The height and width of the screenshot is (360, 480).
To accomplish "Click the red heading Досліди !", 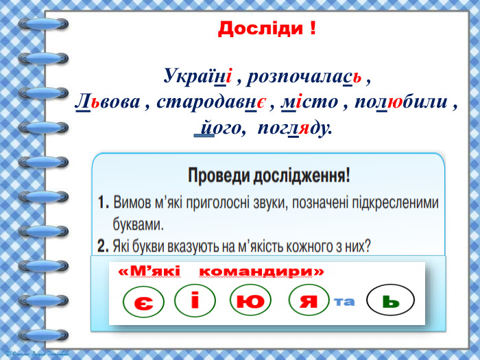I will pos(267,29).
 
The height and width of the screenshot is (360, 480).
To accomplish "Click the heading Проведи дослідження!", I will pos(269,176).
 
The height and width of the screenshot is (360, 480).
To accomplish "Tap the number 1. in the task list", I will pos(104,203).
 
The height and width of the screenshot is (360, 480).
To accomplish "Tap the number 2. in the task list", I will pos(104,244).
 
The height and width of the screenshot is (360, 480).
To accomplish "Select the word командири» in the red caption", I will pos(261,272).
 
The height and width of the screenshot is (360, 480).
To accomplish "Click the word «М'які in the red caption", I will pos(149,272).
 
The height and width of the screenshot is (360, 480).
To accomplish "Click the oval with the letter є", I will pos(143,302).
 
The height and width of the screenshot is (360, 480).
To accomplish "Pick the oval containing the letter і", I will pos(195,300).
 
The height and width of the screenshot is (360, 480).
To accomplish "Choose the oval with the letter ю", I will pos(250,300).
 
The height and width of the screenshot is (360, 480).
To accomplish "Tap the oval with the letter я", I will pos(309,300).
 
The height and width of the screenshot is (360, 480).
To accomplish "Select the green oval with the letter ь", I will pos(391,300).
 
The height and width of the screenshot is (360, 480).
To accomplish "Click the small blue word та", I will pos(345,301).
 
